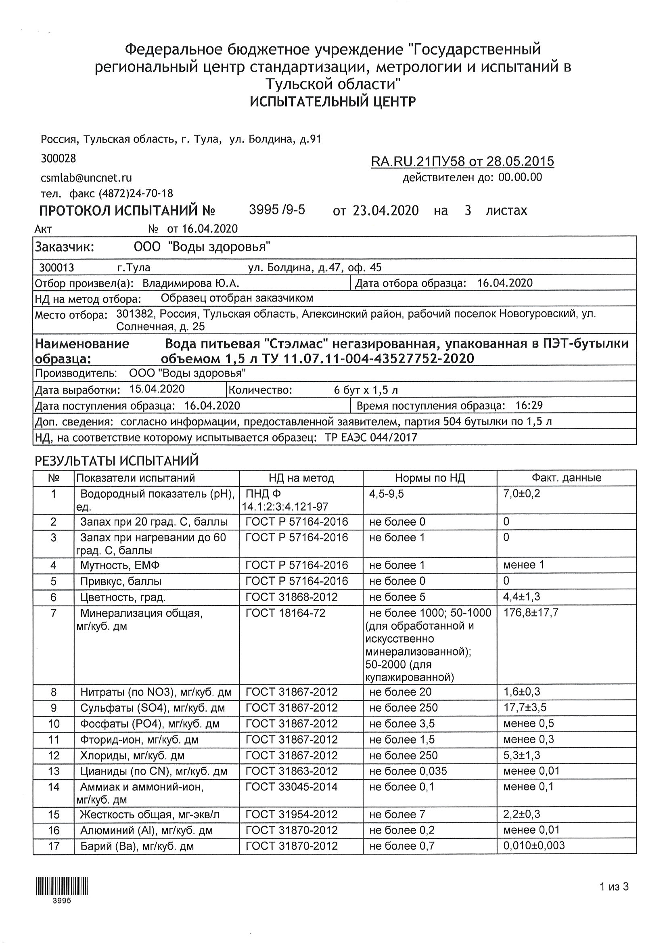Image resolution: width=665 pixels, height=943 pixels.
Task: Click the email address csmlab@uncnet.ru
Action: point(86,178)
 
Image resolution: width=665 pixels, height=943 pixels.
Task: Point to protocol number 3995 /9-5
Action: point(277,210)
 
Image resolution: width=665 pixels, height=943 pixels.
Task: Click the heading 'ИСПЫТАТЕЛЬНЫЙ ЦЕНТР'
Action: point(332,101)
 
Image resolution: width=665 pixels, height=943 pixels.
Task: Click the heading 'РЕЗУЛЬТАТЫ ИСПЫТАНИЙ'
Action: point(117,461)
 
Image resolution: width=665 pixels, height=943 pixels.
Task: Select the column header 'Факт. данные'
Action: point(567,478)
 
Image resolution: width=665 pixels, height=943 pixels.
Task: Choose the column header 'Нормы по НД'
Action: point(430,478)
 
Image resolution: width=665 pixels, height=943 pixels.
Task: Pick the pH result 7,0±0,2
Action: point(522,493)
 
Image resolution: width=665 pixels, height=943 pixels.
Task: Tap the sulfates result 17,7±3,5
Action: point(525,707)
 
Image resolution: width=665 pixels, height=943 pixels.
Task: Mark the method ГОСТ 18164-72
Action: point(285,613)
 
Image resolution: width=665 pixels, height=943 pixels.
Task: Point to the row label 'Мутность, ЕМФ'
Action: point(120,565)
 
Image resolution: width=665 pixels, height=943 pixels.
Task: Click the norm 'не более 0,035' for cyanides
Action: point(408,771)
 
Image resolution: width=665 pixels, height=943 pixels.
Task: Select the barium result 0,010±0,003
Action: point(534,845)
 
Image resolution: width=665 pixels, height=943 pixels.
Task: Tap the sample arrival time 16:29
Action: point(529,405)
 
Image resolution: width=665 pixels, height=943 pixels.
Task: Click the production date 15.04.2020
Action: point(157,389)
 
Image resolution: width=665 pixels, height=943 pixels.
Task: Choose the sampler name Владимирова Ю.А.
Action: point(191,283)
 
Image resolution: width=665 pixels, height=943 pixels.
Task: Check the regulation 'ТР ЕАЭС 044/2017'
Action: point(371,438)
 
